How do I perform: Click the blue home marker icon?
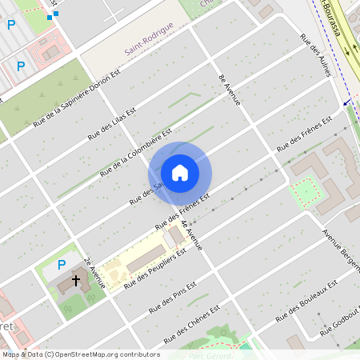(180, 173)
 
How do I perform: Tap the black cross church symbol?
(77, 281)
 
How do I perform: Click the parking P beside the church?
(62, 265)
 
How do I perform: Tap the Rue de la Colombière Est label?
(136, 152)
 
